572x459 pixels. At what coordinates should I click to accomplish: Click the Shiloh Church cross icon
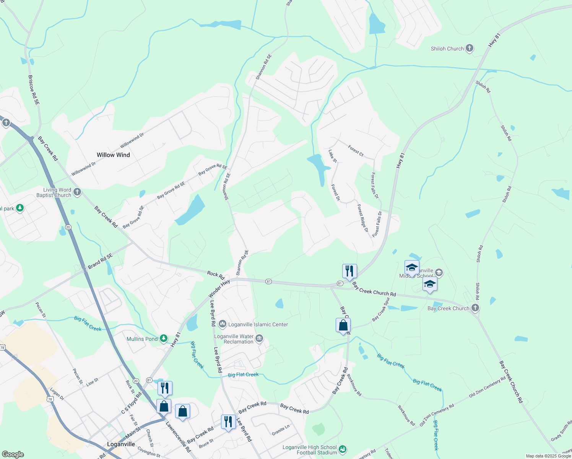pos(470,49)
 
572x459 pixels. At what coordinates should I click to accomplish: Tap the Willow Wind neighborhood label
pos(113,155)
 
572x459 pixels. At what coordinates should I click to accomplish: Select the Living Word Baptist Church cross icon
pos(77,192)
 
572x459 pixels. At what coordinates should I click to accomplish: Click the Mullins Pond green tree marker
pos(164,339)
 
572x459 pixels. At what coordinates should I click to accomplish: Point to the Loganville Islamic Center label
pos(258,324)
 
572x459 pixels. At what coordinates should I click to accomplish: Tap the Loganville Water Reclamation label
pos(234,339)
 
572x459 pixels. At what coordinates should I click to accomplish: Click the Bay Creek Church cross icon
pos(475,308)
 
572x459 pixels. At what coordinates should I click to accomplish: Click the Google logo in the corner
pos(12,454)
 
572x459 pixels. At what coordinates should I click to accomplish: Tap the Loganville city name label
pos(121,444)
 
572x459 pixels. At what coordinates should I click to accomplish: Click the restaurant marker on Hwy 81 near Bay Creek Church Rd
pos(349,271)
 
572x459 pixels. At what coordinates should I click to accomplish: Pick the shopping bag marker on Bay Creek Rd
pos(343,326)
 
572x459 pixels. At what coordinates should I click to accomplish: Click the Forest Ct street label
pos(356,151)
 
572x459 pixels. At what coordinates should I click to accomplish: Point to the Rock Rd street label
pos(216,274)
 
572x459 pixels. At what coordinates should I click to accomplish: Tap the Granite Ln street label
pos(281,430)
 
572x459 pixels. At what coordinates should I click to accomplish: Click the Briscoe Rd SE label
pos(34,90)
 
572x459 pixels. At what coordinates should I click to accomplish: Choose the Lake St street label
pos(333,156)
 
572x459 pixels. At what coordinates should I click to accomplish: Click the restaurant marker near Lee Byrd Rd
pos(228,422)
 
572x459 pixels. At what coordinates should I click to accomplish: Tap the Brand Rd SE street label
pos(100,261)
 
